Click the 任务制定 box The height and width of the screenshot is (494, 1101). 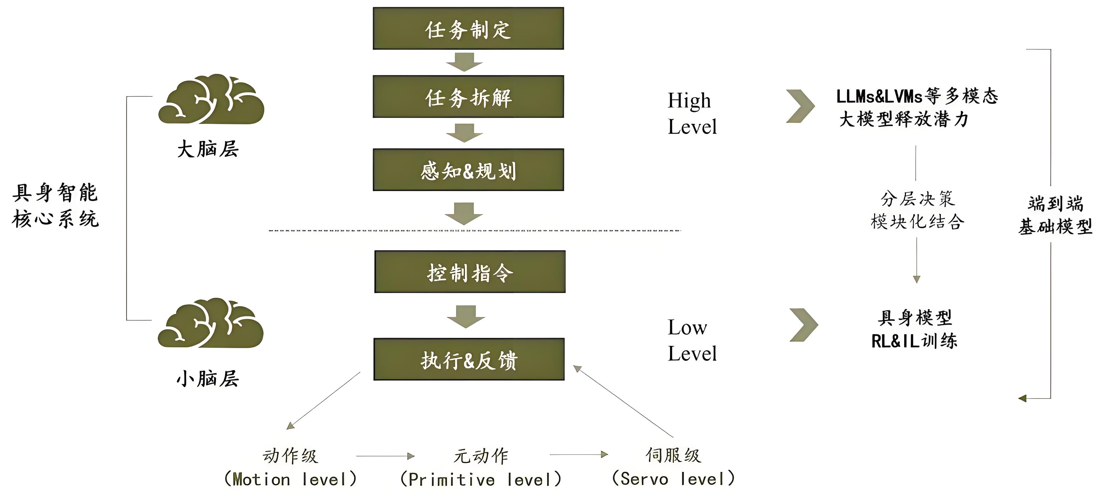(468, 29)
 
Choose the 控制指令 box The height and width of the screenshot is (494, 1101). (470, 272)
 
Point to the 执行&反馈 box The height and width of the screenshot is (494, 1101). (469, 359)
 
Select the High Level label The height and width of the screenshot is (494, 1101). (692, 113)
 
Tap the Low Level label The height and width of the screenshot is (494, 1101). (692, 340)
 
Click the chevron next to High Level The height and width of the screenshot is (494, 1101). (800, 106)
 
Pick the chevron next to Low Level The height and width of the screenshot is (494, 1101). (803, 325)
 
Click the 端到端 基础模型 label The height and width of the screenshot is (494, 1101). (1055, 215)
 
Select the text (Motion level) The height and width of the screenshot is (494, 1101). (290, 479)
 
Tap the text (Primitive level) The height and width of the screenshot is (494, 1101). (480, 479)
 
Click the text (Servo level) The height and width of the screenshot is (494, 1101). (673, 478)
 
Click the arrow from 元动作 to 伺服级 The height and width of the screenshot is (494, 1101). (578, 454)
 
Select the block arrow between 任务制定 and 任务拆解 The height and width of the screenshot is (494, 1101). (464, 62)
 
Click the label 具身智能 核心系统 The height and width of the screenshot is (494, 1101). (56, 206)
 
